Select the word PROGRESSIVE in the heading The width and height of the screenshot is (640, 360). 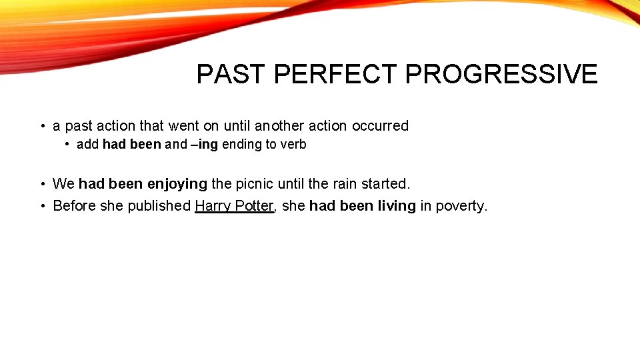[x=501, y=74]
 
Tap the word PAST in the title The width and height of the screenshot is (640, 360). [x=231, y=74]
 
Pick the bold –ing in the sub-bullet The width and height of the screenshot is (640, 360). [x=205, y=145]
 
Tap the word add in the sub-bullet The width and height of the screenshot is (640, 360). [x=87, y=145]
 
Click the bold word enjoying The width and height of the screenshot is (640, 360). [x=177, y=183]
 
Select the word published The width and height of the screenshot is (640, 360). [x=159, y=206]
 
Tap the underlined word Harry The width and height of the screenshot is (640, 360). [x=213, y=206]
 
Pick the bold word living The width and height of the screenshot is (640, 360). [x=397, y=206]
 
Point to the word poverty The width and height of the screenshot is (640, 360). [x=461, y=206]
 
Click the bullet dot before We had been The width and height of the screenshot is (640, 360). [x=42, y=183]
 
